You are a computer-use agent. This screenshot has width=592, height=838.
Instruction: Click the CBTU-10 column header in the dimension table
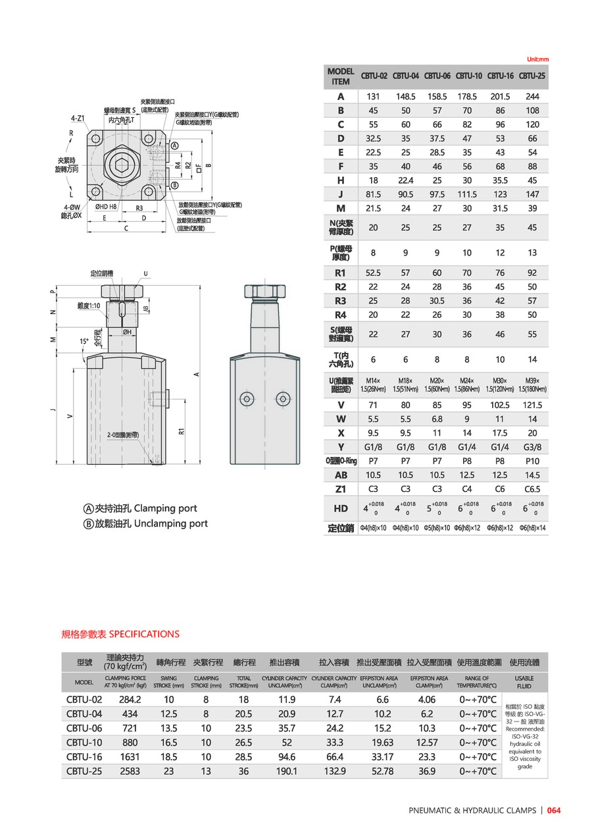coord(469,76)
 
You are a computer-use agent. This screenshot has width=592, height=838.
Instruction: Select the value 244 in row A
coord(532,96)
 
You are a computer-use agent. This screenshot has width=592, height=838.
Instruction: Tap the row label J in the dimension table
coord(341,194)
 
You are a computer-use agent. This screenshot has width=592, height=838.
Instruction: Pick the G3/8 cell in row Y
coord(532,447)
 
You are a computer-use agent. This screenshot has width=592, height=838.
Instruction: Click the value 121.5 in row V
coord(532,405)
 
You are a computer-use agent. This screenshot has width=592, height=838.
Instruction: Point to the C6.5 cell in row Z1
coord(532,489)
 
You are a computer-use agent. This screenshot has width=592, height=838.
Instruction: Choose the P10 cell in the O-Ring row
coord(532,461)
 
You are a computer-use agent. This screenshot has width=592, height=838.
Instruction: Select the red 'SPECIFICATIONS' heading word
coord(143,634)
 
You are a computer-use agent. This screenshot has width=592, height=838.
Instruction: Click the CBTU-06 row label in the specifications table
coord(84,728)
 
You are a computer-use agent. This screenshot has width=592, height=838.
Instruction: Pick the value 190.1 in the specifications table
coord(286,771)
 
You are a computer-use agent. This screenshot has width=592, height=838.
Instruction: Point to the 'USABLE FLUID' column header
coord(524,681)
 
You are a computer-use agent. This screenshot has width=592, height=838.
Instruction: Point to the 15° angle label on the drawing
coord(84,342)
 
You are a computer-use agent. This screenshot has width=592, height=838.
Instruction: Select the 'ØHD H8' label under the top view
coord(106,207)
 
